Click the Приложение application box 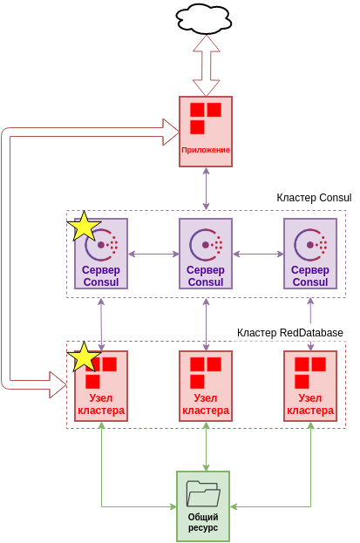point(206,127)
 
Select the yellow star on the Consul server point(85,227)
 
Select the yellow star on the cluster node point(85,357)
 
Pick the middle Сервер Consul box point(206,254)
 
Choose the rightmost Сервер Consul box point(310,254)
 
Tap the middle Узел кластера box point(206,386)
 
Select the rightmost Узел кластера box point(310,386)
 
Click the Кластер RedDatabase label point(290,333)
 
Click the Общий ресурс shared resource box point(203,506)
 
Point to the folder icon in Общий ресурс point(203,494)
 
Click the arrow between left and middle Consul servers point(153,255)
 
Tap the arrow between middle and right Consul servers point(258,255)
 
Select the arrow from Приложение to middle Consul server point(207,188)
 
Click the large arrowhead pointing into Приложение point(170,132)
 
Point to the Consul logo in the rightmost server point(309,245)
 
